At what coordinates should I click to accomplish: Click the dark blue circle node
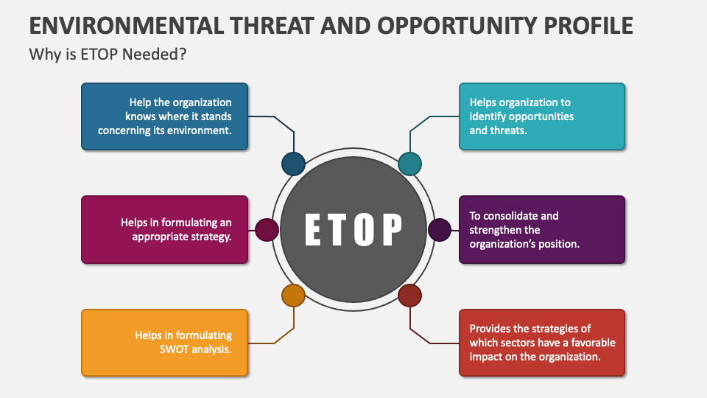click(x=293, y=164)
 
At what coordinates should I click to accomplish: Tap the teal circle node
click(x=409, y=164)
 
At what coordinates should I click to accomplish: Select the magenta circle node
click(x=267, y=230)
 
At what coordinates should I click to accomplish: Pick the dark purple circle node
click(x=440, y=230)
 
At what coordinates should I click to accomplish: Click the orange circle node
click(x=293, y=296)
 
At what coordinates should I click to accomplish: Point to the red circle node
click(x=409, y=296)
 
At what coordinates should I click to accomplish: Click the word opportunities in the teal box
click(x=542, y=116)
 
